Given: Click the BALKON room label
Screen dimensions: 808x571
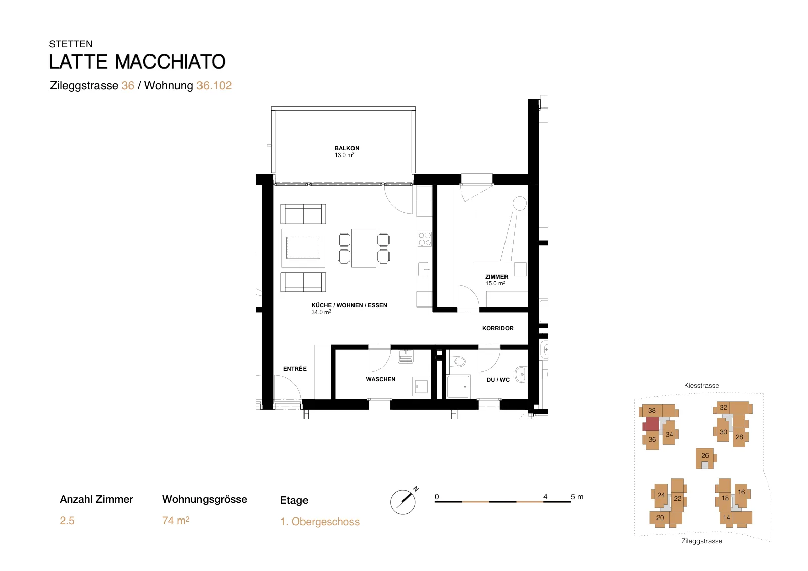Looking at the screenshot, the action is [x=346, y=151].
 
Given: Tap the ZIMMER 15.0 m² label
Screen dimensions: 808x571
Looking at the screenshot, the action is [x=496, y=280].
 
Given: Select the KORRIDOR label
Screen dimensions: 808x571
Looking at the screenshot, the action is [x=498, y=328].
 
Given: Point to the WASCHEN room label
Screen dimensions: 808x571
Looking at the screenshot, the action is [x=381, y=379].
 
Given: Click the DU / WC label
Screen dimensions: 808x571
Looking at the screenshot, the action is [x=498, y=380].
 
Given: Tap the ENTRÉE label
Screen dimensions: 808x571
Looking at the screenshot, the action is [x=295, y=368].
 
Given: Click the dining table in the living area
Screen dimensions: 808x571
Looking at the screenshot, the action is [x=364, y=248].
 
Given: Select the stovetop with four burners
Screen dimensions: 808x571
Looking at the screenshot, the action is [x=425, y=239].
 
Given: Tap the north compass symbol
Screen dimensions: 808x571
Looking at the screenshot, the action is [x=404, y=501].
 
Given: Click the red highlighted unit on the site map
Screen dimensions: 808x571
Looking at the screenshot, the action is [x=651, y=424].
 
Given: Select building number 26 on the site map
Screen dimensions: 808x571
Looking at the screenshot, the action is [x=705, y=458].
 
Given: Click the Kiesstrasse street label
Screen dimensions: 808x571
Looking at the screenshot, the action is [x=701, y=385].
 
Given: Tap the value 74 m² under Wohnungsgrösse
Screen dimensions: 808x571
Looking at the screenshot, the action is [x=176, y=520].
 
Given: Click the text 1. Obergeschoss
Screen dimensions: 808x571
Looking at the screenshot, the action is [x=320, y=522].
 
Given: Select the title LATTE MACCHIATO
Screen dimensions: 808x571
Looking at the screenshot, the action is [x=137, y=61].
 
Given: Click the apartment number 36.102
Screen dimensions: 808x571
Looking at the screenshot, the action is [x=214, y=85].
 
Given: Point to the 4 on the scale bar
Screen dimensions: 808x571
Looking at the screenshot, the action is [x=545, y=497].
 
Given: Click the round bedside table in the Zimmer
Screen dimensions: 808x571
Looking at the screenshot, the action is [x=520, y=203].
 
